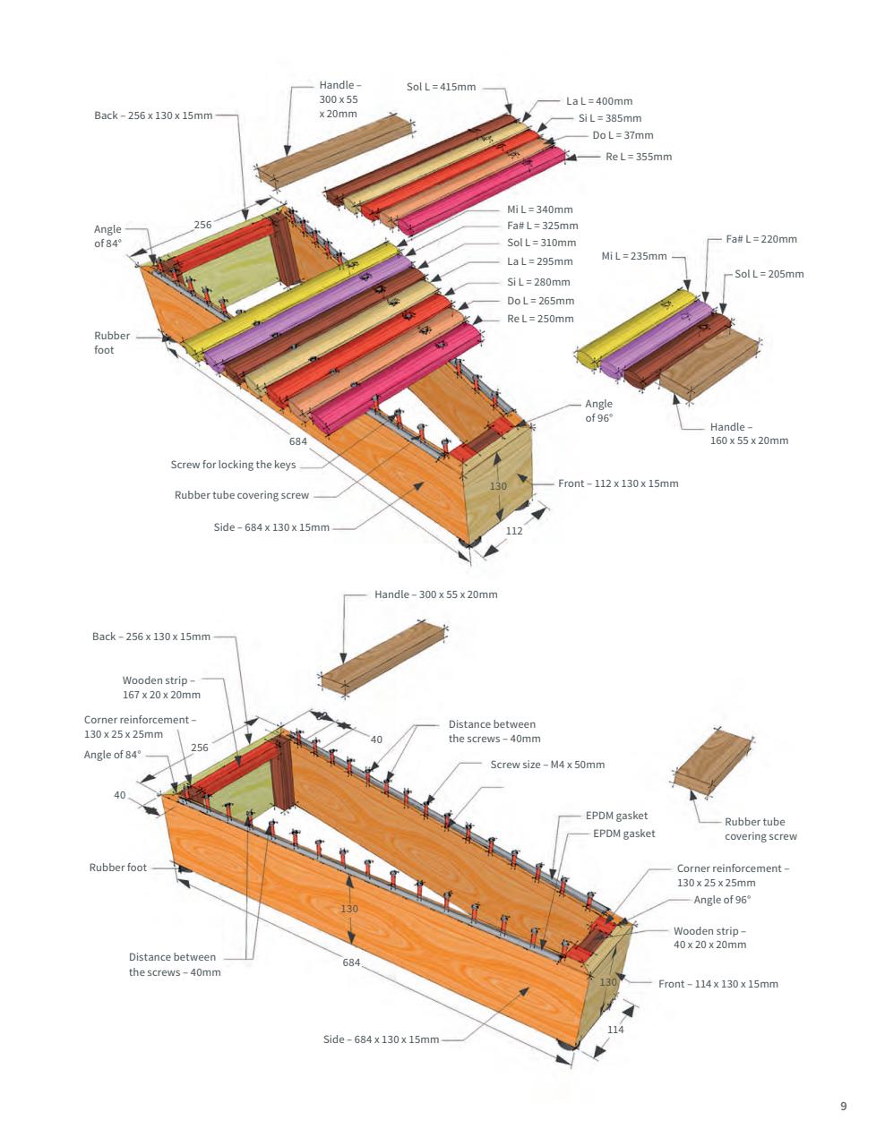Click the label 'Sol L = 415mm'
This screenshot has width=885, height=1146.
(x=441, y=87)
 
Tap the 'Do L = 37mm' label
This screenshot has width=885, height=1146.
(x=623, y=135)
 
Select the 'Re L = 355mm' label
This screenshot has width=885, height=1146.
(x=638, y=157)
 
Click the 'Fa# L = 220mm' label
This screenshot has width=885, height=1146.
(x=761, y=239)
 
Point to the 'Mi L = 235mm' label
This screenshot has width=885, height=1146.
(x=633, y=256)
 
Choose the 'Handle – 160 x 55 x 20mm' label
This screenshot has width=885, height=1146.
(x=749, y=434)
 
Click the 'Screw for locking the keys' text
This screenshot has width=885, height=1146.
(x=233, y=465)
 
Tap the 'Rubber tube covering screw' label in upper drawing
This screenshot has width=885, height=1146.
(x=241, y=495)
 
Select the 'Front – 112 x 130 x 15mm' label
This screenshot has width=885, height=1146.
(x=618, y=483)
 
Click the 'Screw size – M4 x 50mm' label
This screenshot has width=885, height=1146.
(x=547, y=765)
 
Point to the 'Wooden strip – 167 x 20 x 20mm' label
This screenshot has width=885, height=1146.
(x=161, y=688)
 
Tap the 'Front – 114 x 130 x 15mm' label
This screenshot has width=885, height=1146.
(x=717, y=984)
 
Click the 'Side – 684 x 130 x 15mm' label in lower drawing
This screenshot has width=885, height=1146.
(x=381, y=1039)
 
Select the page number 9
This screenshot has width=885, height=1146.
(x=843, y=1106)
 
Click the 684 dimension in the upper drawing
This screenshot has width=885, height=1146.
(x=298, y=441)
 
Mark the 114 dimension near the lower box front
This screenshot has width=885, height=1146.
(x=615, y=1030)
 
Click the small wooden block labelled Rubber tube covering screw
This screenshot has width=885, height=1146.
(x=713, y=761)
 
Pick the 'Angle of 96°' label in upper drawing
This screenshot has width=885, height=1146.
(x=599, y=411)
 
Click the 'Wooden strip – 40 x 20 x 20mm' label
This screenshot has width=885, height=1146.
(x=709, y=937)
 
